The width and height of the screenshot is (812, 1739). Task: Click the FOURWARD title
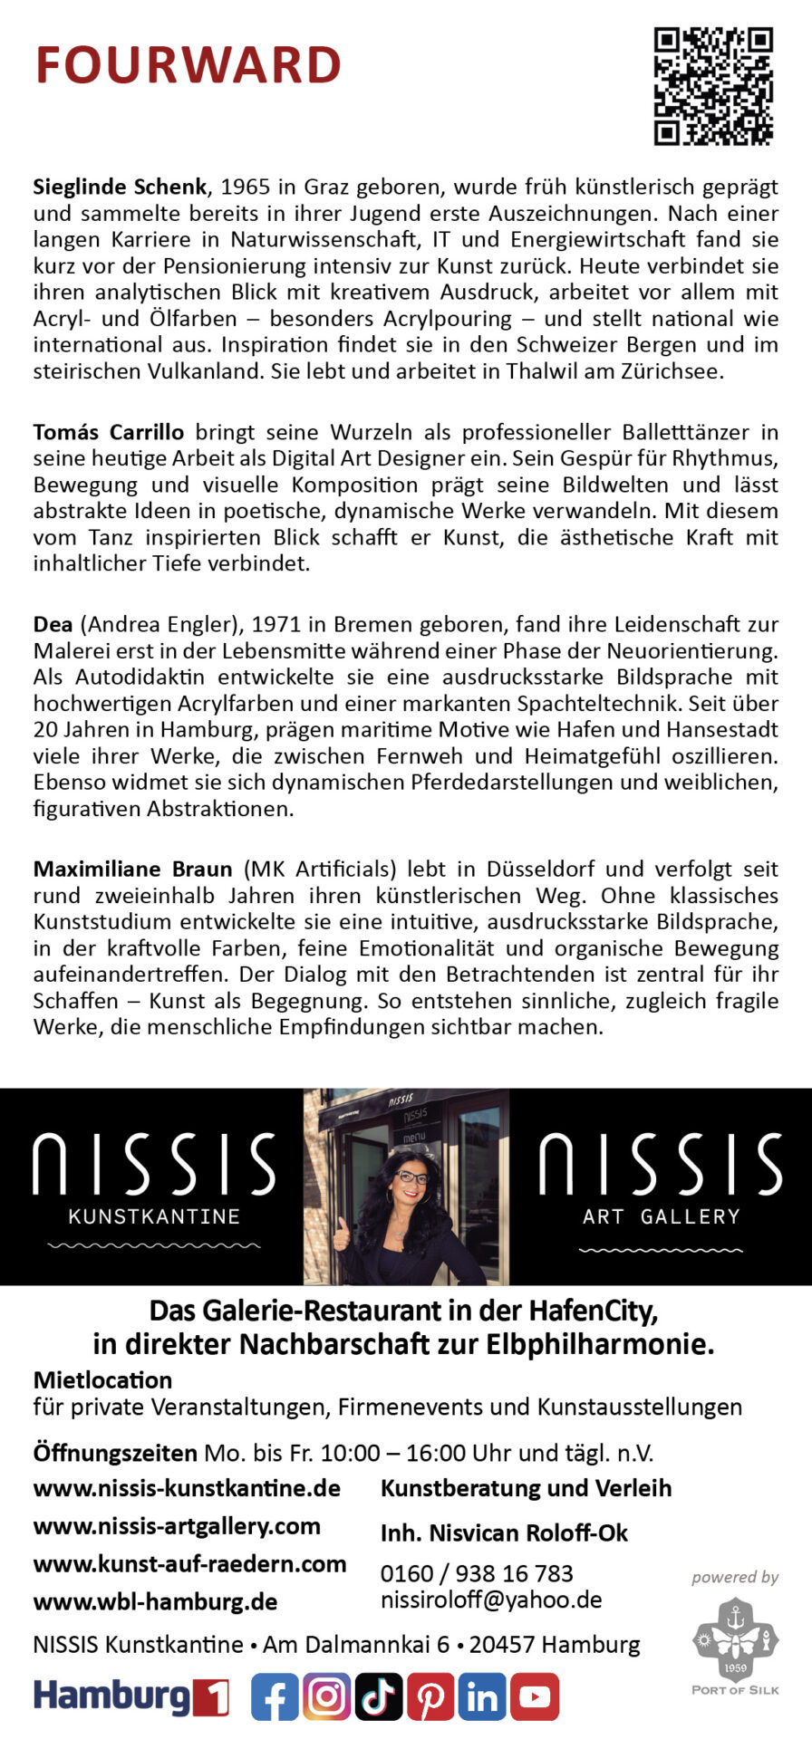pos(188,65)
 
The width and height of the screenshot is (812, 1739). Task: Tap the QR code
pos(713,86)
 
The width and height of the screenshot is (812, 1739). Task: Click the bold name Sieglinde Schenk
pos(120,187)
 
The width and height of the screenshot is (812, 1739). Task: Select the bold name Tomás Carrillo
pos(108,432)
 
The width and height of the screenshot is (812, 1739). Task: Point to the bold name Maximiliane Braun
pos(132,869)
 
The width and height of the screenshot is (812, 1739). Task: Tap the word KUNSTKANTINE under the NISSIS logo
pos(154,1216)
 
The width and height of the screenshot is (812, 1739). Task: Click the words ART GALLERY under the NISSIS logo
pos(661,1216)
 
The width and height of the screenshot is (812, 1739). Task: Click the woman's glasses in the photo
pos(412,1177)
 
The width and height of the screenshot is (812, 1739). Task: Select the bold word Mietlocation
pos(102,1380)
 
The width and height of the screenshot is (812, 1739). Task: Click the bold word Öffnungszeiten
pos(115,1454)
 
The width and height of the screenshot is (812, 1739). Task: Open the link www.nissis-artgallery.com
pos(177,1526)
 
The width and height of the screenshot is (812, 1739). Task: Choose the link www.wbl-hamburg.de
pos(155,1601)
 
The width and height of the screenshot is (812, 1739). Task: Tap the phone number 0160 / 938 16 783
pos(477,1573)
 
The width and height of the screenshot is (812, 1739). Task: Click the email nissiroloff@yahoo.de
pos(491,1600)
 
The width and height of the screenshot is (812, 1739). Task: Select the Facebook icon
pos(275,1697)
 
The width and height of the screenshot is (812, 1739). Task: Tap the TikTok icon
pos(379,1697)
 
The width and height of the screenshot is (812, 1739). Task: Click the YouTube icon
pos(535,1697)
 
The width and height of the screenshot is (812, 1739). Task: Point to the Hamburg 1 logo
pos(130,1697)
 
